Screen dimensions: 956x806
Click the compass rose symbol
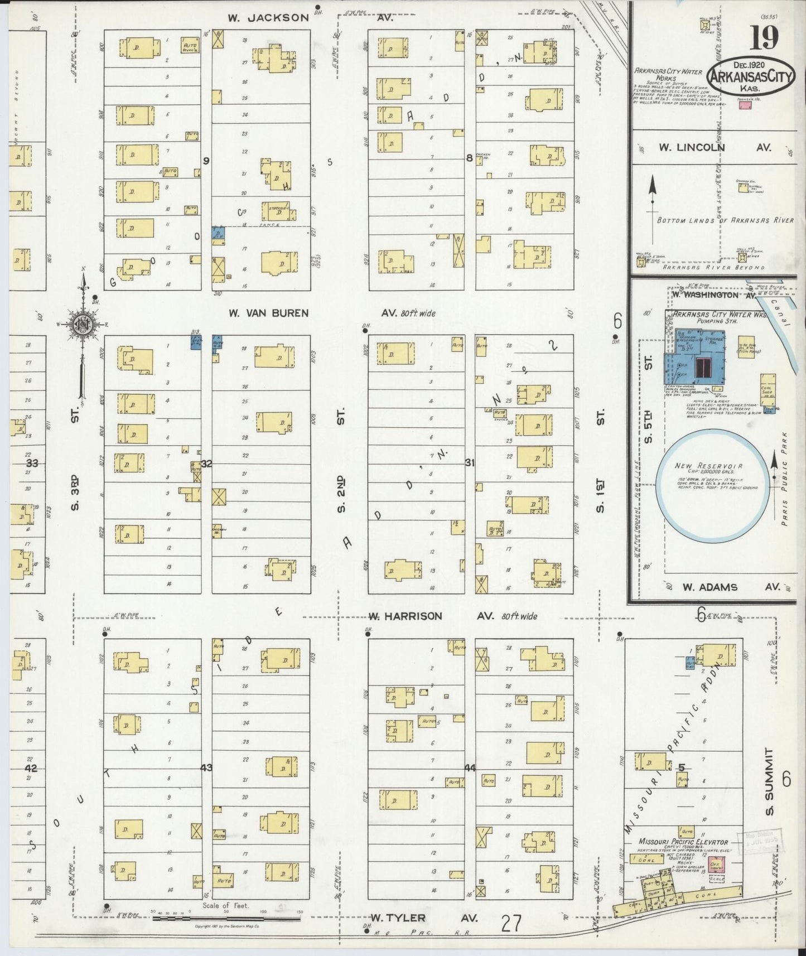coord(82,324)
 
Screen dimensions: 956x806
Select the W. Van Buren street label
coord(268,313)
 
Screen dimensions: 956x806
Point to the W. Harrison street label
coord(405,616)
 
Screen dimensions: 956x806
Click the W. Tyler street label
coord(398,918)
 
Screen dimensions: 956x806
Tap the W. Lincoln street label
coord(692,147)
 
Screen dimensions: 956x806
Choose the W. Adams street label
coord(710,587)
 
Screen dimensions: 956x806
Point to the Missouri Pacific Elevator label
coord(683,842)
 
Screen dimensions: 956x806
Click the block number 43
coord(206,768)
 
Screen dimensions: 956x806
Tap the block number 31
coord(470,462)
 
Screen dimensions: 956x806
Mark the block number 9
coord(206,161)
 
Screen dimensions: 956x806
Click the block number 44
coord(470,768)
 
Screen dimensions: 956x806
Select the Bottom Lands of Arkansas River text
coord(725,220)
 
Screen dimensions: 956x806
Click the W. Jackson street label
coord(268,17)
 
